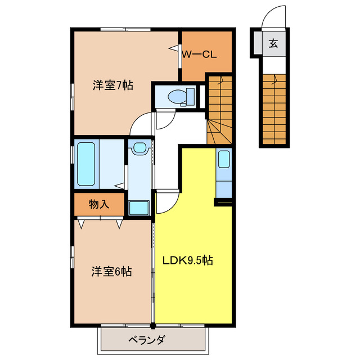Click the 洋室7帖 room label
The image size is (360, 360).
point(112,86)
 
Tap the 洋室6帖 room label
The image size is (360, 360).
point(112,272)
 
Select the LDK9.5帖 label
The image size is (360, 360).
point(188,260)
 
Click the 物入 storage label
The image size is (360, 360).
point(99,204)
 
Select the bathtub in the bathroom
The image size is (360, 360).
point(85,164)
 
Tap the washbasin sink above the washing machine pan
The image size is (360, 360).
point(138,148)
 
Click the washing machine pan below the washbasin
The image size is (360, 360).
point(138,208)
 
